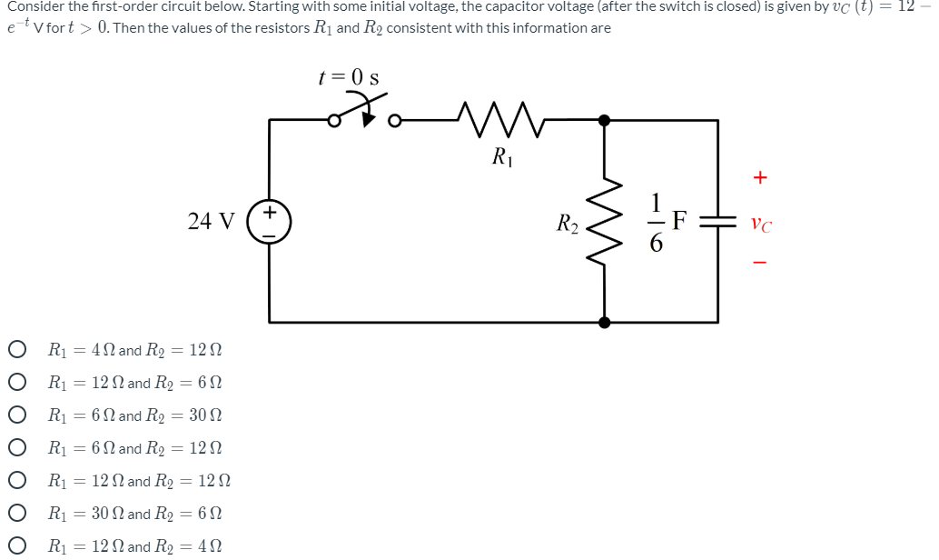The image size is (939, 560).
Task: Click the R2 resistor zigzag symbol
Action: coord(604,221)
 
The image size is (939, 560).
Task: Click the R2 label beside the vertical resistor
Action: coord(568,222)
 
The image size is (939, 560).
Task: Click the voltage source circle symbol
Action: coord(270,221)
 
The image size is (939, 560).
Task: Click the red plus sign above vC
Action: coord(760,178)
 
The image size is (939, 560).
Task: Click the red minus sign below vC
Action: coord(760,265)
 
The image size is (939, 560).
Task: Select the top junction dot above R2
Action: coord(604,118)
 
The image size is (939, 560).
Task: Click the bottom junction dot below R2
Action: coord(604,322)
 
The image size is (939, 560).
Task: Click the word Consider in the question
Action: coord(35,7)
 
